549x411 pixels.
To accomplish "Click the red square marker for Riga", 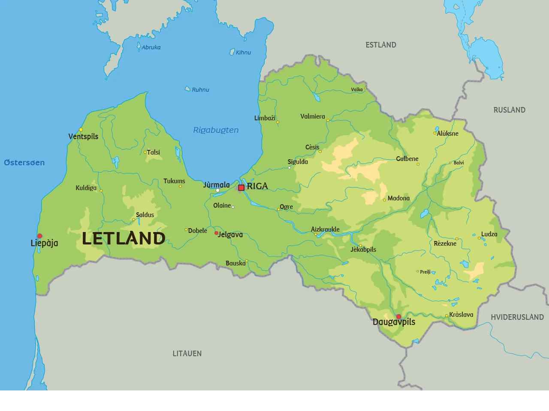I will [241, 188].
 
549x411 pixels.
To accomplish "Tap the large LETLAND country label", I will [124, 238].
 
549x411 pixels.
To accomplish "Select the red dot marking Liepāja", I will [39, 236].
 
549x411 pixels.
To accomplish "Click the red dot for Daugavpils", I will [398, 317].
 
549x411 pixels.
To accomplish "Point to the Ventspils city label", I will [83, 137].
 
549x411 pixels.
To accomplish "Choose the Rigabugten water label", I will [216, 130].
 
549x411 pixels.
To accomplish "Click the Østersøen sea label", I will [24, 163].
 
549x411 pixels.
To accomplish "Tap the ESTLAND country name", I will [380, 45].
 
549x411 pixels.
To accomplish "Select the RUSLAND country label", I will [509, 110].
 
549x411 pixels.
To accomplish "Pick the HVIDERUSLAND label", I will [517, 317].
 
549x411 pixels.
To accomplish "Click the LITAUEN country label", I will [187, 354].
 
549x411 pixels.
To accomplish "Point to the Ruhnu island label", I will [200, 90].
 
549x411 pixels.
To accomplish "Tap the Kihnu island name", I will [243, 53].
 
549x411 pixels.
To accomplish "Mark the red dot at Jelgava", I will [216, 233].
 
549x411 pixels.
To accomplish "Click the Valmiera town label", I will [312, 116].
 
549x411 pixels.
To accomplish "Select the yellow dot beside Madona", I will [384, 200].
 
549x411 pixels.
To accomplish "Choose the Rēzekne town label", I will [445, 244].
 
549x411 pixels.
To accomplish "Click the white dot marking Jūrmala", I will [217, 191].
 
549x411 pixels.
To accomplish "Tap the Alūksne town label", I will [447, 134].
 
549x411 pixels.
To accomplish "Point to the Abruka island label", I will [151, 48].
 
